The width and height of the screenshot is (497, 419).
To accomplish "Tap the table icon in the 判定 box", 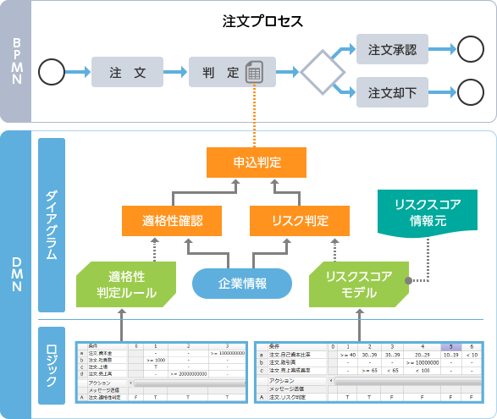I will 254,74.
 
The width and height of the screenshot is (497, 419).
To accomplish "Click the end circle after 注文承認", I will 469,50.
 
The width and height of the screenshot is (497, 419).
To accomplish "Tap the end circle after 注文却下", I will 469,91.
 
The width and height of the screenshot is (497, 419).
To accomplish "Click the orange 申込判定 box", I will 253,162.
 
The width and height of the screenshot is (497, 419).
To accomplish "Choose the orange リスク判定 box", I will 300,221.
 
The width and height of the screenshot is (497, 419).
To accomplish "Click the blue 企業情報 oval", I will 243,284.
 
